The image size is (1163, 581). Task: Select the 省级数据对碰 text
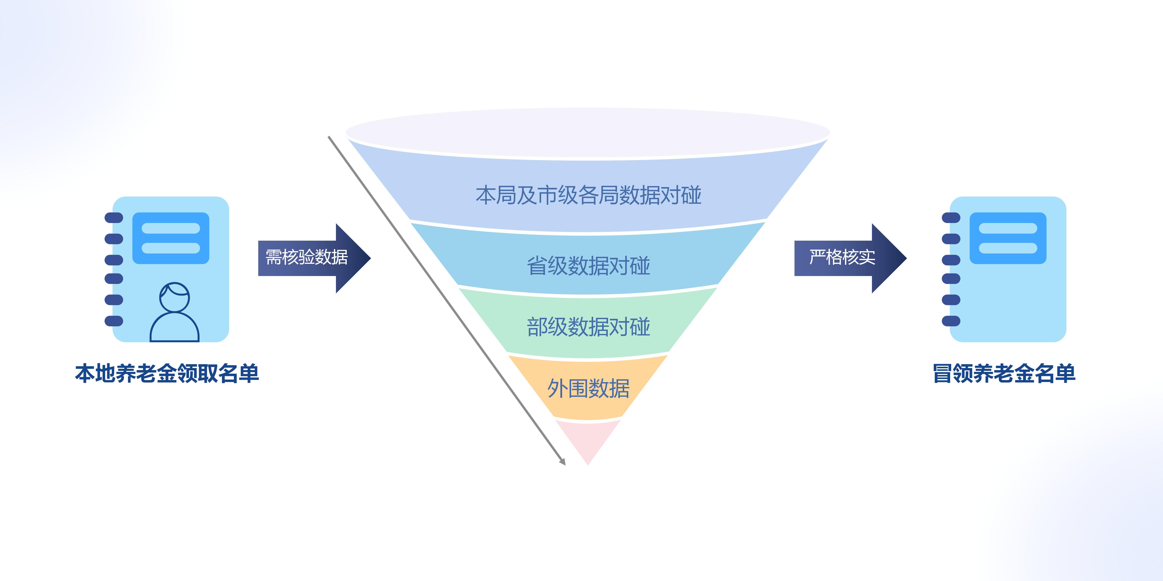pyautogui.click(x=588, y=266)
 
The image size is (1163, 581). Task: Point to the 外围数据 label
pyautogui.click(x=588, y=388)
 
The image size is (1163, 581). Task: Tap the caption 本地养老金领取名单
pyautogui.click(x=167, y=373)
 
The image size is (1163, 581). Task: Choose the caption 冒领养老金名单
pyautogui.click(x=1004, y=373)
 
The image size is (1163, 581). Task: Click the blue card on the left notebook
pyautogui.click(x=171, y=238)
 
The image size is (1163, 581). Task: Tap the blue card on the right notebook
pyautogui.click(x=1008, y=238)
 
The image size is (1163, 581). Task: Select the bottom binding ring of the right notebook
pyautogui.click(x=951, y=321)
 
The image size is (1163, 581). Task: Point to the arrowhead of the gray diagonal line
pyautogui.click(x=563, y=462)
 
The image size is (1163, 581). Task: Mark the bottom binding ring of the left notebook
pyautogui.click(x=114, y=321)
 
